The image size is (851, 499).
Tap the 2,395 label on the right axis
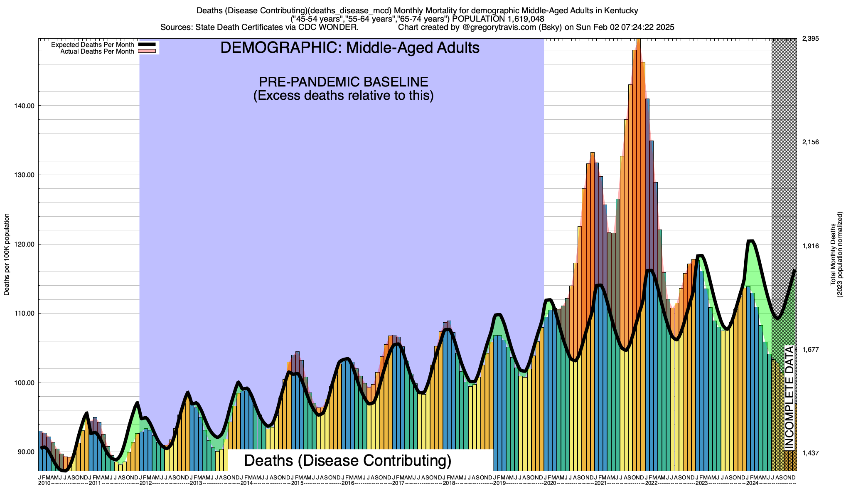pyautogui.click(x=810, y=39)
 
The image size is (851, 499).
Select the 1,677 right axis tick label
pyautogui.click(x=810, y=349)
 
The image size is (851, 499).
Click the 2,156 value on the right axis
pyautogui.click(x=810, y=142)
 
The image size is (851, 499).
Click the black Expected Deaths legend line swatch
pyautogui.click(x=147, y=44)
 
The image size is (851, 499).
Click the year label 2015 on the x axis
pyautogui.click(x=297, y=483)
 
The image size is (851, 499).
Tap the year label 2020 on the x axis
pyautogui.click(x=550, y=483)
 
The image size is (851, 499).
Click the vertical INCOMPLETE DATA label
pyautogui.click(x=789, y=397)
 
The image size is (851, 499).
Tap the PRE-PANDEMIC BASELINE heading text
pyautogui.click(x=343, y=82)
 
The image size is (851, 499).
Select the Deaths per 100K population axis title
pyautogui.click(x=7, y=254)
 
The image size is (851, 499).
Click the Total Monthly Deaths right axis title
pyautogui.click(x=836, y=254)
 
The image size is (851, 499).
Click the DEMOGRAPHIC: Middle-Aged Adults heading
pyautogui.click(x=350, y=48)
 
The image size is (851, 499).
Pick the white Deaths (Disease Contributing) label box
pyautogui.click(x=347, y=460)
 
